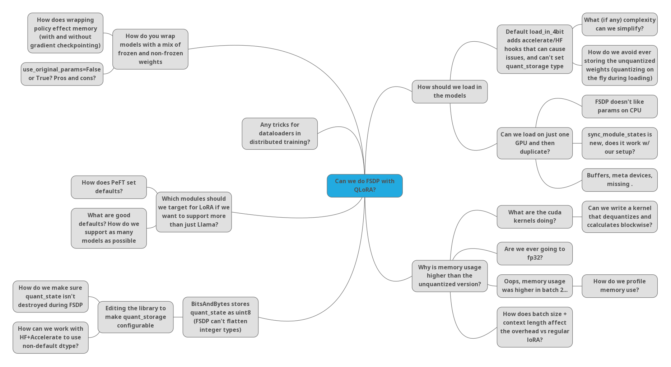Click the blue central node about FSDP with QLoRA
pos(364,186)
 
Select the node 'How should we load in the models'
pos(449,92)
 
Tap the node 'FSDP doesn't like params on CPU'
pos(619,106)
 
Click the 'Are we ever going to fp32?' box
pos(534,253)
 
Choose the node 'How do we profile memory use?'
pos(619,286)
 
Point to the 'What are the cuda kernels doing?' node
pos(534,217)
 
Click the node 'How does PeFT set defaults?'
pos(109,187)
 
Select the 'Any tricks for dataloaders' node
pos(279,134)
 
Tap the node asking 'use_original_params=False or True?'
pos(62,74)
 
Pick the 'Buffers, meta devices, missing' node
pos(619,180)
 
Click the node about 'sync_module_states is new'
pos(619,143)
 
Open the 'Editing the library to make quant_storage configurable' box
pos(135,317)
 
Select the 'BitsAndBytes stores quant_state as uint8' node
pos(220,317)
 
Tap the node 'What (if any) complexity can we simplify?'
pos(619,24)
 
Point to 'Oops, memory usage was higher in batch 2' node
pos(534,286)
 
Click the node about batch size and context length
pos(534,327)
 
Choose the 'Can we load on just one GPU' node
pos(534,143)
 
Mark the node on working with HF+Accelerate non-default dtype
pos(50,337)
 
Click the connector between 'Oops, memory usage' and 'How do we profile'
pos(577,286)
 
